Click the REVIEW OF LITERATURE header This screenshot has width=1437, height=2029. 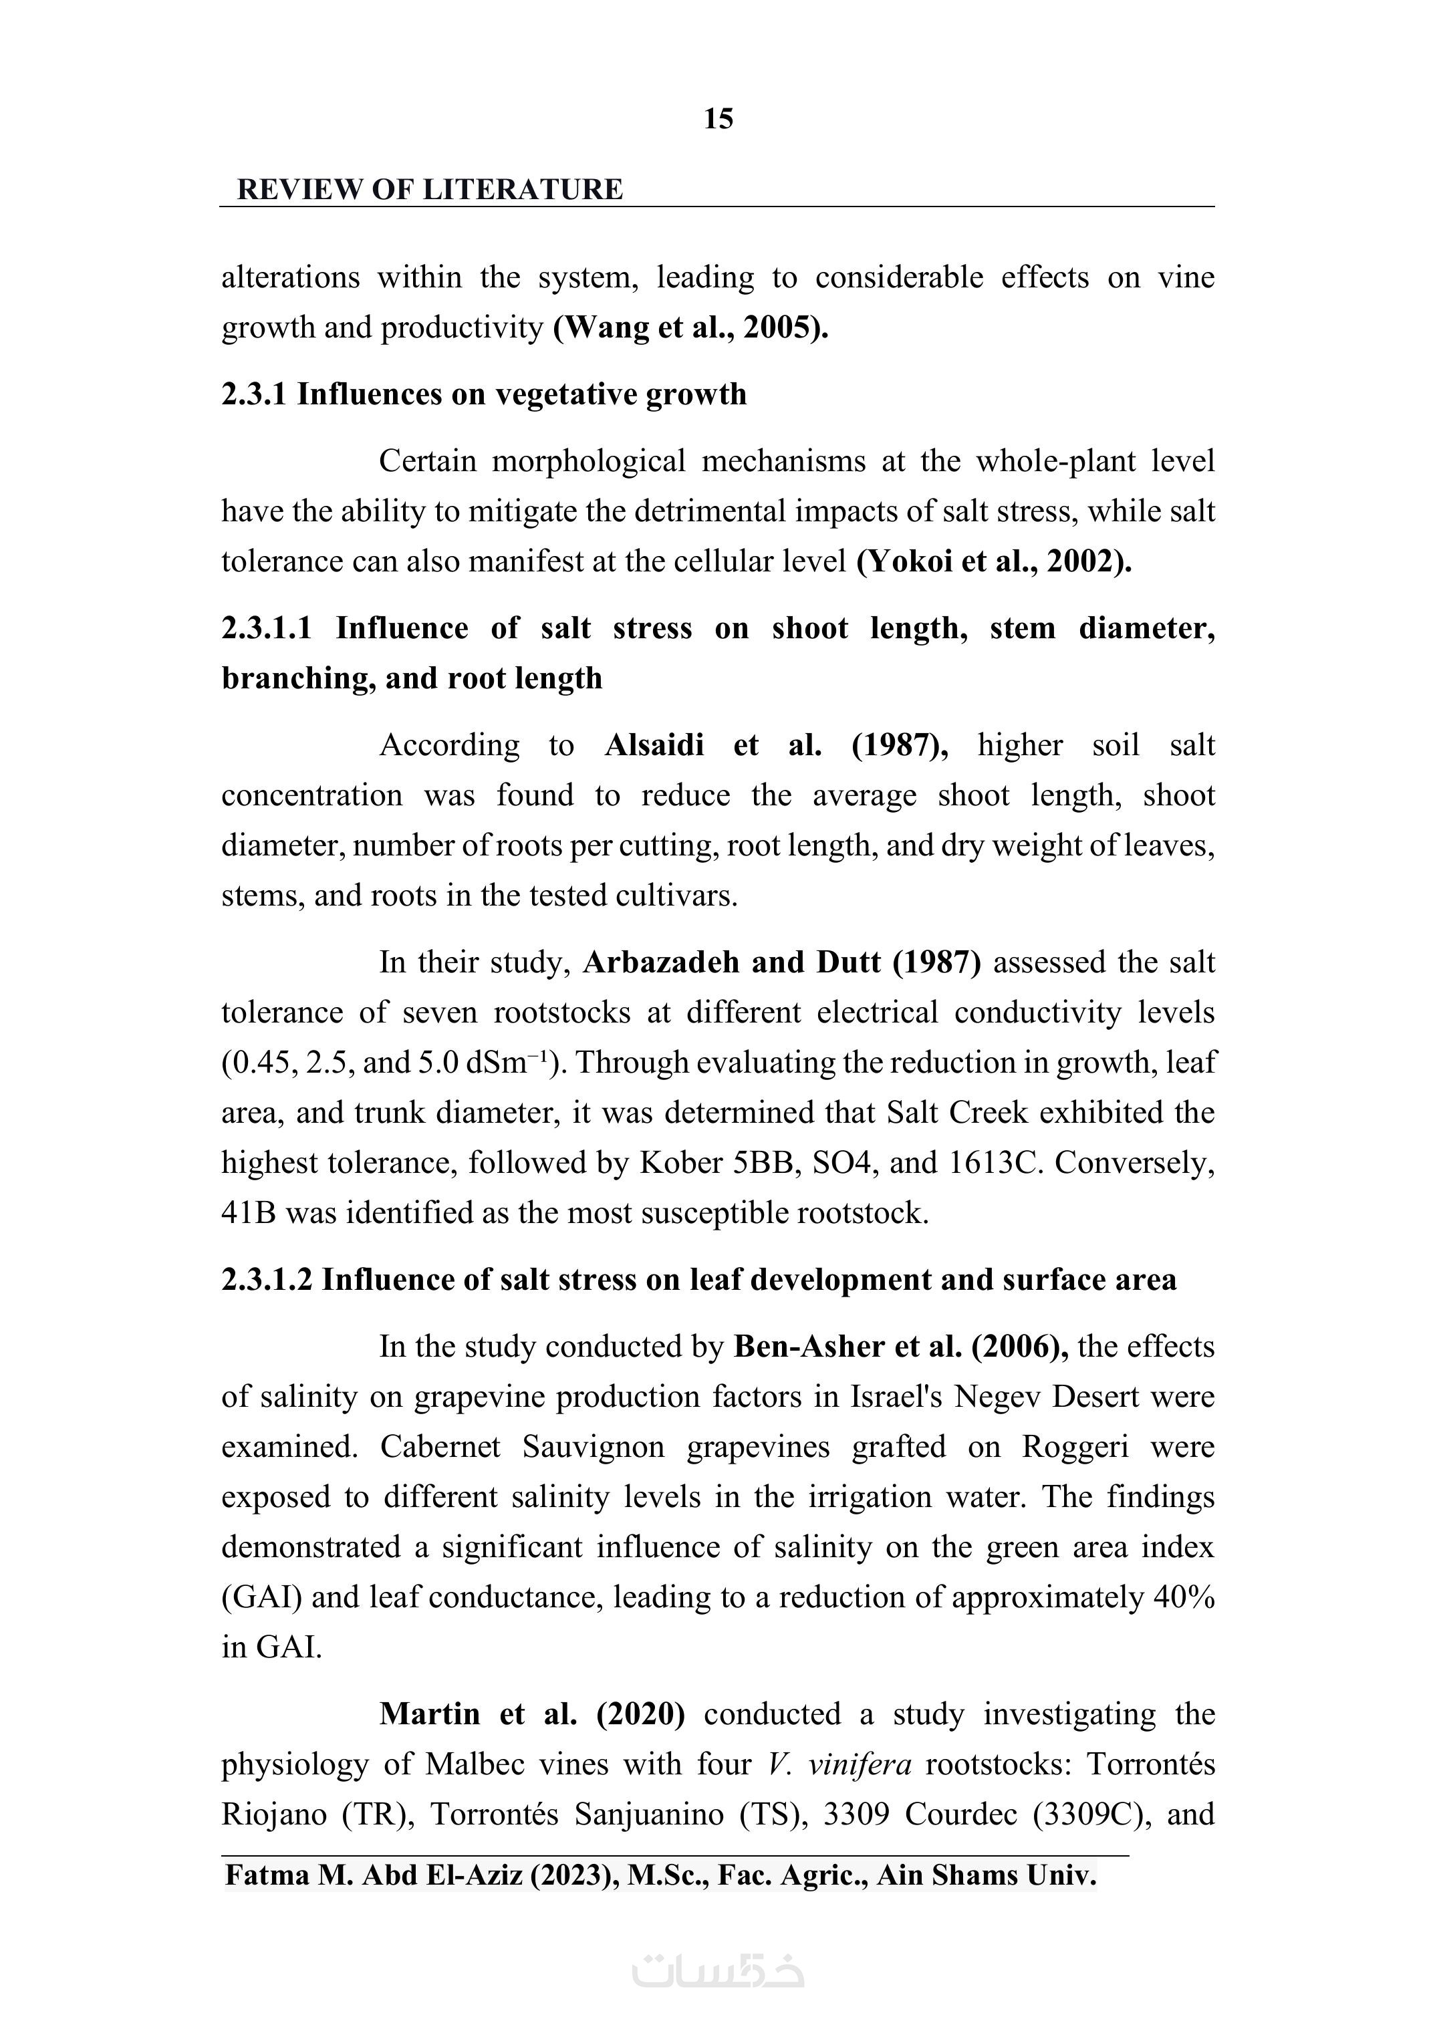[x=430, y=189]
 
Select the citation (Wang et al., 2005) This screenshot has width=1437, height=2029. [x=690, y=327]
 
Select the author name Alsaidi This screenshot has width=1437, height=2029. [x=654, y=745]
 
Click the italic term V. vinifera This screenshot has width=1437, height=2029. [x=839, y=1764]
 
